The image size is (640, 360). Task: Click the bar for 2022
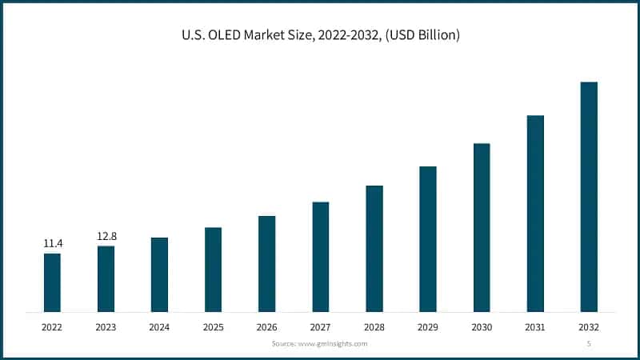(x=52, y=282)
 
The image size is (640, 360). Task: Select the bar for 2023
(x=106, y=278)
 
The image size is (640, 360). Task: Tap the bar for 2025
(x=213, y=270)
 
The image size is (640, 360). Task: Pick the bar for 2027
(x=320, y=257)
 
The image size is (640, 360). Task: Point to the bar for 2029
(x=428, y=239)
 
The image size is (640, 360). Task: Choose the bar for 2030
(x=482, y=227)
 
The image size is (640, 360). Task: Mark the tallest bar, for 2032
(x=589, y=197)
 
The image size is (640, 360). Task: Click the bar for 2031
(x=535, y=214)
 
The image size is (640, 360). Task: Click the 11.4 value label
(x=52, y=243)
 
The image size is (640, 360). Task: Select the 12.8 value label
(x=106, y=236)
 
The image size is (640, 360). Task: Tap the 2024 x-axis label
(x=159, y=327)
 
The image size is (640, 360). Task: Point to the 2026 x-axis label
(x=266, y=327)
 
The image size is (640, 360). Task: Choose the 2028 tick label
(x=374, y=327)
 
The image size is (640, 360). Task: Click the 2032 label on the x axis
(x=589, y=327)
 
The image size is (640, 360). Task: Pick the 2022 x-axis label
(x=52, y=327)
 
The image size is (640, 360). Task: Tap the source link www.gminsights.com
(x=330, y=343)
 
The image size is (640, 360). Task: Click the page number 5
(x=589, y=343)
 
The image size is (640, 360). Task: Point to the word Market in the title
(x=270, y=35)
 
